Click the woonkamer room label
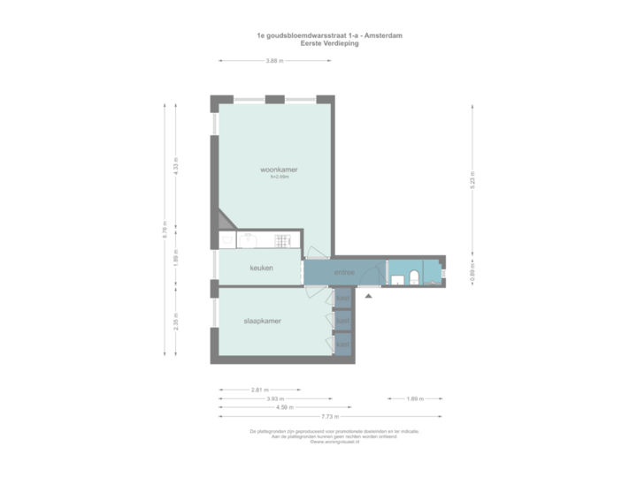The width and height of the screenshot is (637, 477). (x=278, y=170)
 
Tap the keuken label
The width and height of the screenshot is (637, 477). (x=261, y=268)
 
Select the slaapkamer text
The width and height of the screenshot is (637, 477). (x=263, y=321)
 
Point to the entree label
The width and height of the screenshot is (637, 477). (x=344, y=273)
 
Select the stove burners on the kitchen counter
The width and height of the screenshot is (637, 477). (x=283, y=239)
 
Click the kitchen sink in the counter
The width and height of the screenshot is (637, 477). (x=249, y=239)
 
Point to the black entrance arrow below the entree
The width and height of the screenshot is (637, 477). (x=369, y=296)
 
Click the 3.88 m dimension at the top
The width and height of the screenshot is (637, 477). (x=274, y=61)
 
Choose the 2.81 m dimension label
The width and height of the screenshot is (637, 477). (x=260, y=389)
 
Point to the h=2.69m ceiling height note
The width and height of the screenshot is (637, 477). (x=280, y=178)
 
